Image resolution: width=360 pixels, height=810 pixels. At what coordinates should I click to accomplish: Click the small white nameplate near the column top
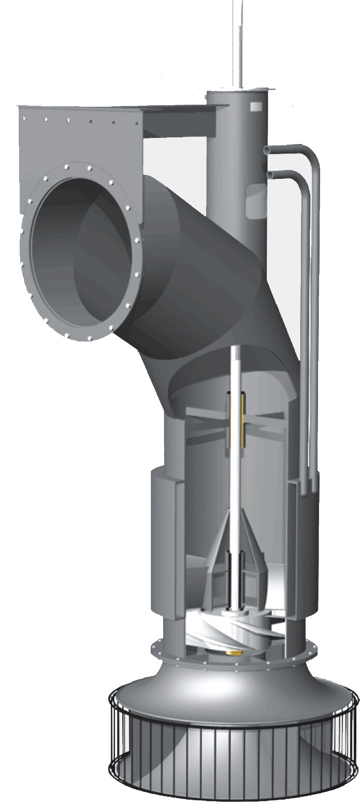(256, 107)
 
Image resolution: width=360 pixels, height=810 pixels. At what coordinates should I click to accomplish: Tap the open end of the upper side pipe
(266, 150)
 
